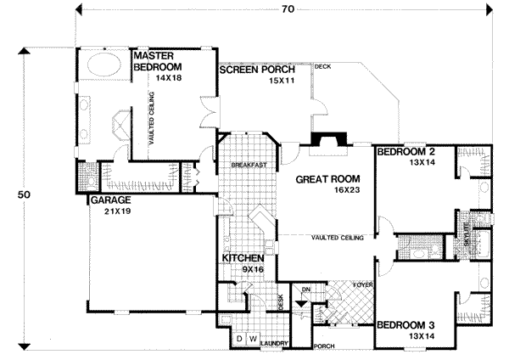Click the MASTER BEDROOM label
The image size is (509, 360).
pos(159,62)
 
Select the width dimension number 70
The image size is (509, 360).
pos(288,9)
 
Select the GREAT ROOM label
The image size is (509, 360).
pos(327,179)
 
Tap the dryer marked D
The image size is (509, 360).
pos(240,339)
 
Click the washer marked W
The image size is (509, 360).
pos(252,339)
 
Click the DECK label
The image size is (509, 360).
pos(322,66)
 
